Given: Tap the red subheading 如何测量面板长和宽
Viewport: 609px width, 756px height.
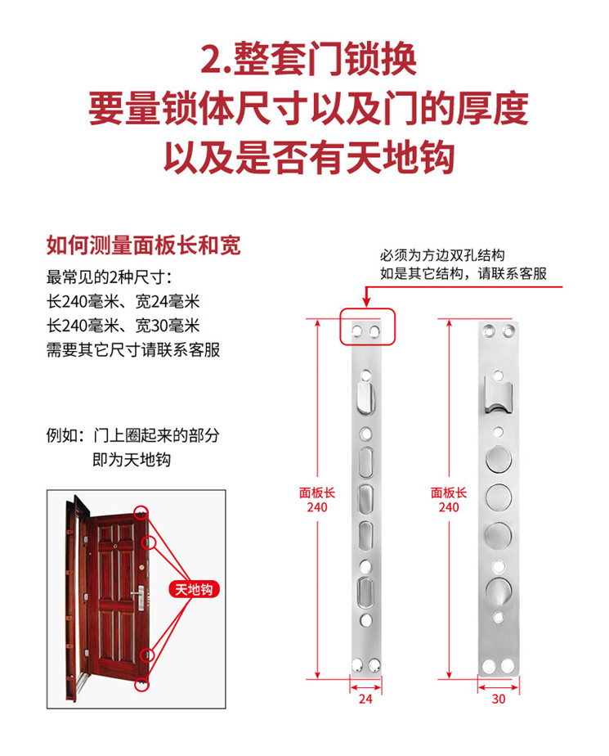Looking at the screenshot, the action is [x=143, y=246].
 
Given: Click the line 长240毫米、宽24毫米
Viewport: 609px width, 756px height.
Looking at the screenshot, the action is [x=123, y=300].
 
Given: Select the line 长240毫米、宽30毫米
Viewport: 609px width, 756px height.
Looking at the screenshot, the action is [x=123, y=326].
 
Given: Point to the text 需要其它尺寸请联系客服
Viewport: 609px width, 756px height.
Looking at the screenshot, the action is [x=133, y=350].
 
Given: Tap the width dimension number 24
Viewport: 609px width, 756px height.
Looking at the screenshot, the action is [x=365, y=700].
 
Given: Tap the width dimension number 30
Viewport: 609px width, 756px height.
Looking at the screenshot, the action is [x=498, y=700].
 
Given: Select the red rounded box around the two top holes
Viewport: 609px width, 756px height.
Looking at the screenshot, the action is [x=367, y=326].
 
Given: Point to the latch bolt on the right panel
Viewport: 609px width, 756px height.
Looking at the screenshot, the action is [x=497, y=396].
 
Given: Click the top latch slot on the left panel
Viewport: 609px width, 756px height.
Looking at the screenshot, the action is [x=365, y=398].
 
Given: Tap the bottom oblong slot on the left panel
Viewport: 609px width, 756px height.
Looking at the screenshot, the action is [x=365, y=588].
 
